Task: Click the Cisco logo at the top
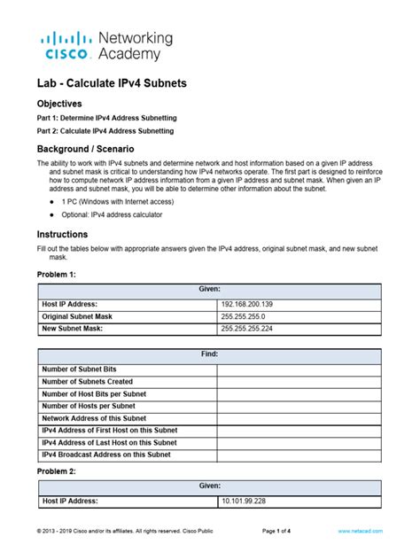pos(67,45)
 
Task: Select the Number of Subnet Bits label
pos(80,369)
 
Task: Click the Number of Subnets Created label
pos(88,381)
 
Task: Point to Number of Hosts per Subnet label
pos(89,406)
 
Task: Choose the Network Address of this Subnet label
pos(94,418)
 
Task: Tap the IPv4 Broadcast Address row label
pos(106,455)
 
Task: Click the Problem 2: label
pos(57,471)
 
